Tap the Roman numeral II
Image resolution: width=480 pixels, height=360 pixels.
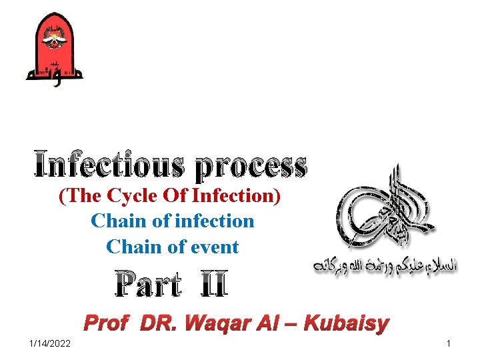click(211, 286)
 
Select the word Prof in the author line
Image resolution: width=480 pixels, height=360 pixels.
click(109, 325)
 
